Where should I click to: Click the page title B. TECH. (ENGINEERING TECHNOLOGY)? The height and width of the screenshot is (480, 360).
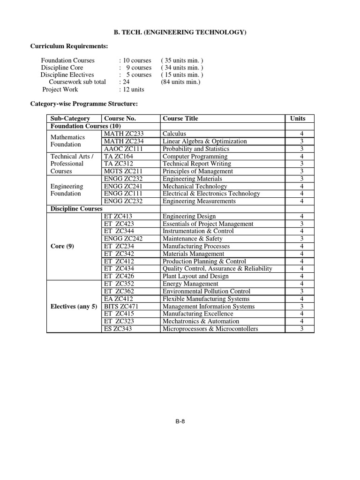tap(180, 32)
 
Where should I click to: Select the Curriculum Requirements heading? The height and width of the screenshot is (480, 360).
tap(69, 46)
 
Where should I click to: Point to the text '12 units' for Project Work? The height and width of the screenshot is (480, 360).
tap(133, 89)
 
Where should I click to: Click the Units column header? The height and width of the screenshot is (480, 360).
tap(298, 119)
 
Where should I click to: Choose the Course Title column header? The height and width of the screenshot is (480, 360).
tap(180, 119)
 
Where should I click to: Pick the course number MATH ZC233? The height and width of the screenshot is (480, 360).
tap(124, 134)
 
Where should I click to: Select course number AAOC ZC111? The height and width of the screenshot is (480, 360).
tap(124, 149)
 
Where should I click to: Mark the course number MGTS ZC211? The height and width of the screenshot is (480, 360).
tap(123, 171)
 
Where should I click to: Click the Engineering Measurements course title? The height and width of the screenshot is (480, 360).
tap(199, 201)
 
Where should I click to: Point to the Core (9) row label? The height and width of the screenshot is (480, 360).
tap(62, 246)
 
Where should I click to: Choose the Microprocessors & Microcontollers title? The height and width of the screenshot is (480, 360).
tap(210, 329)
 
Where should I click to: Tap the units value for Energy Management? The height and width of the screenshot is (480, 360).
tap(302, 284)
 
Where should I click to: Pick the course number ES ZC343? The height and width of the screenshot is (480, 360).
tap(120, 329)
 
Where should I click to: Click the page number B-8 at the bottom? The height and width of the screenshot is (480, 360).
tap(180, 421)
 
